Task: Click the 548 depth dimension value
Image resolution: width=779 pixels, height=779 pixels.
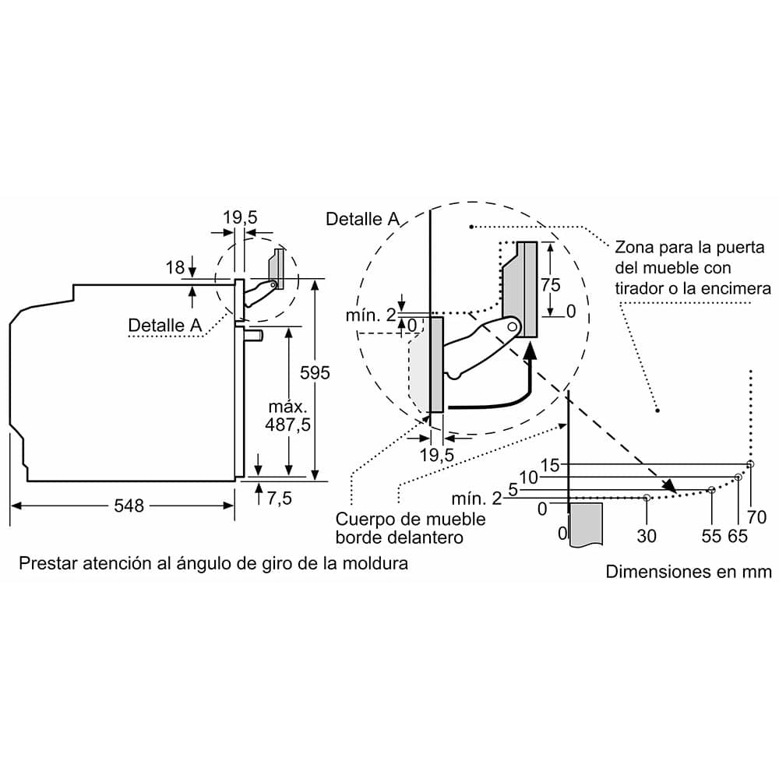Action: [129, 506]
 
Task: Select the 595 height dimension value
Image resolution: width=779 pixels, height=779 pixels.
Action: [315, 373]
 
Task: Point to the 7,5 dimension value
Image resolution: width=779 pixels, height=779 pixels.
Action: [279, 499]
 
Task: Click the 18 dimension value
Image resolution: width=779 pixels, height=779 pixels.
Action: [174, 268]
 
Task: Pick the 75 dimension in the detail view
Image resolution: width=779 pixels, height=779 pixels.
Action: [550, 284]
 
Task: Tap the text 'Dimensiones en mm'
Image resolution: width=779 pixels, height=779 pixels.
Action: [689, 572]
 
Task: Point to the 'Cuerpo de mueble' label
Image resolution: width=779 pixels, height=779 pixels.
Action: [411, 519]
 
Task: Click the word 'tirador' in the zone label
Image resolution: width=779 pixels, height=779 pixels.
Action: [641, 289]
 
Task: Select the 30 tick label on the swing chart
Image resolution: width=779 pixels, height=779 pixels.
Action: [647, 535]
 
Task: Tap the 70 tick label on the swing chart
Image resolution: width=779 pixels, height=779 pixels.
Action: [756, 516]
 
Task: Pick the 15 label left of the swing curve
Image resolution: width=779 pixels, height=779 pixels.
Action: [550, 465]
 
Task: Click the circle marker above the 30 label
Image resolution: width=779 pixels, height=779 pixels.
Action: [647, 497]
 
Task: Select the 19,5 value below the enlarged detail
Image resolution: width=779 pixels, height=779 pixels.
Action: [437, 454]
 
